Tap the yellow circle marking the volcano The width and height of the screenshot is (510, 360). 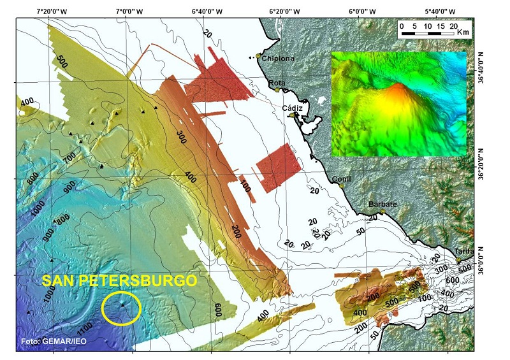point(121,309)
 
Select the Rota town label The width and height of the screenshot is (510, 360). point(276,83)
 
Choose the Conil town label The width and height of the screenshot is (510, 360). point(342,179)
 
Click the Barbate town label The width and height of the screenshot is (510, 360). point(382,205)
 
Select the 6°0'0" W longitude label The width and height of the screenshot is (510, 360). point(361,11)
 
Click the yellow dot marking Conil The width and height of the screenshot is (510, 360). point(342,186)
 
